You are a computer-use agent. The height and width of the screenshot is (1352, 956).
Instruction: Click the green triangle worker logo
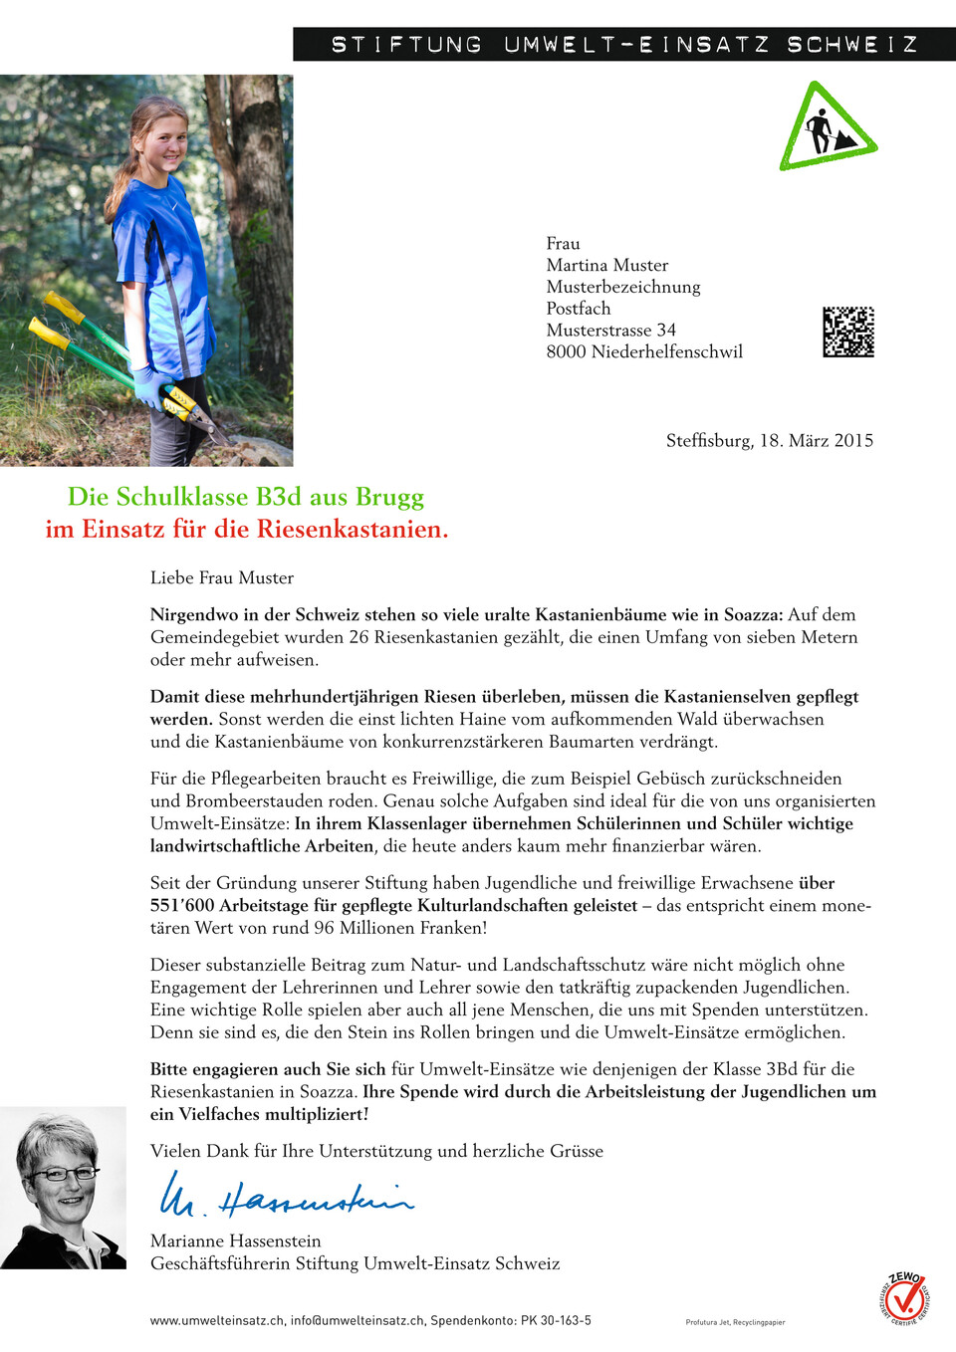[x=828, y=128]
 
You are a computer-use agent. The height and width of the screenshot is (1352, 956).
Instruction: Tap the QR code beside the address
[x=847, y=332]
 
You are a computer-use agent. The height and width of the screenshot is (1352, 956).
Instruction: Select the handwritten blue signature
[x=286, y=1196]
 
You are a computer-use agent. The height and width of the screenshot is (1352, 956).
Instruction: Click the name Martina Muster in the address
[x=606, y=265]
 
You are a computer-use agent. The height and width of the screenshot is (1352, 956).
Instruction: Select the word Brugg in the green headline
[x=390, y=496]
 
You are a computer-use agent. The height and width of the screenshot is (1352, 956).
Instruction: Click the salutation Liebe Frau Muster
[x=222, y=577]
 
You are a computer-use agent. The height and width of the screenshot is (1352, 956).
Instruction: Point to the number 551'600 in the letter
[x=181, y=905]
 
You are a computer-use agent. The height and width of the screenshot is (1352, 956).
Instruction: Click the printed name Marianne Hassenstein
[x=235, y=1240]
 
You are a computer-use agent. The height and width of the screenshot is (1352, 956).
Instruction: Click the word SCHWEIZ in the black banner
[x=852, y=45]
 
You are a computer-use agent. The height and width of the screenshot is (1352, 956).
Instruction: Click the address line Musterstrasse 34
[x=610, y=330]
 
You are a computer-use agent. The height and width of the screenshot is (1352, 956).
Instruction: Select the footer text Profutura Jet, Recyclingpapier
[x=735, y=1322]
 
